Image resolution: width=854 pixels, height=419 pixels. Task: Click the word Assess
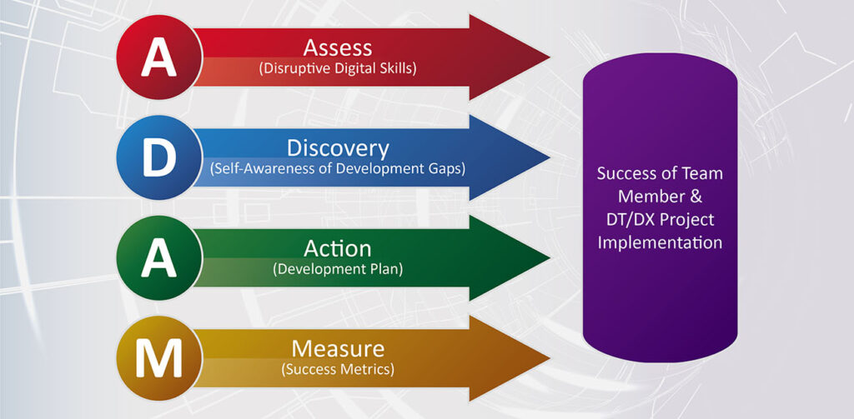[337, 47]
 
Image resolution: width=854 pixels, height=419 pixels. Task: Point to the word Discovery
[338, 147]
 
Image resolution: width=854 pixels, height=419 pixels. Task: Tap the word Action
[338, 248]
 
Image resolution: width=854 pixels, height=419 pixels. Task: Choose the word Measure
[338, 347]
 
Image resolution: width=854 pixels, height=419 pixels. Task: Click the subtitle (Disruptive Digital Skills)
[338, 68]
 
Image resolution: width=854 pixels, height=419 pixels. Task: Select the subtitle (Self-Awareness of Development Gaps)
[338, 169]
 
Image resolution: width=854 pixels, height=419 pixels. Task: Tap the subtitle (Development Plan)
[338, 269]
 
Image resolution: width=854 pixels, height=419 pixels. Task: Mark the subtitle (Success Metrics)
[338, 368]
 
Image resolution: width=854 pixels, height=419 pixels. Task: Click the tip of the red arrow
[547, 57]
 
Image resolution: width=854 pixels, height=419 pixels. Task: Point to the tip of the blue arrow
[547, 157]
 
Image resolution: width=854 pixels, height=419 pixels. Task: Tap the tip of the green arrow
[547, 257]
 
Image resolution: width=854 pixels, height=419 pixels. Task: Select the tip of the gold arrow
[547, 357]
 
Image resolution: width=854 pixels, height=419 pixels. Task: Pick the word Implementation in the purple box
[659, 243]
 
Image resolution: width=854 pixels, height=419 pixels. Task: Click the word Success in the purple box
[626, 174]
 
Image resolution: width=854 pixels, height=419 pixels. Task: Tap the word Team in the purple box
[699, 174]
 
